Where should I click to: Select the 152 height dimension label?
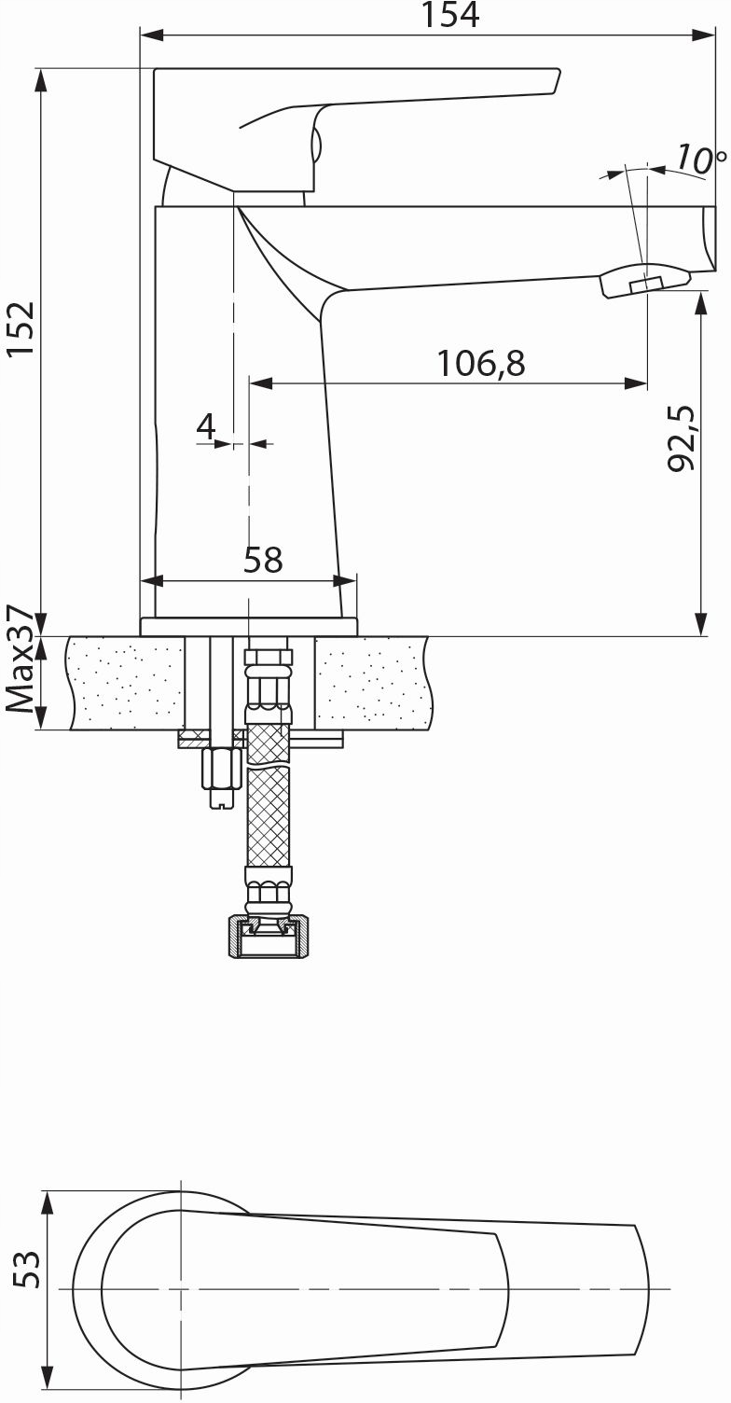coord(21,328)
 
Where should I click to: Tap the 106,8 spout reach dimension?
coord(481,364)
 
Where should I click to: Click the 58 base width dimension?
coord(263,560)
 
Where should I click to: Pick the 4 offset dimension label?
coord(206,426)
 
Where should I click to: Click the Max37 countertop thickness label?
coord(21,659)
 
